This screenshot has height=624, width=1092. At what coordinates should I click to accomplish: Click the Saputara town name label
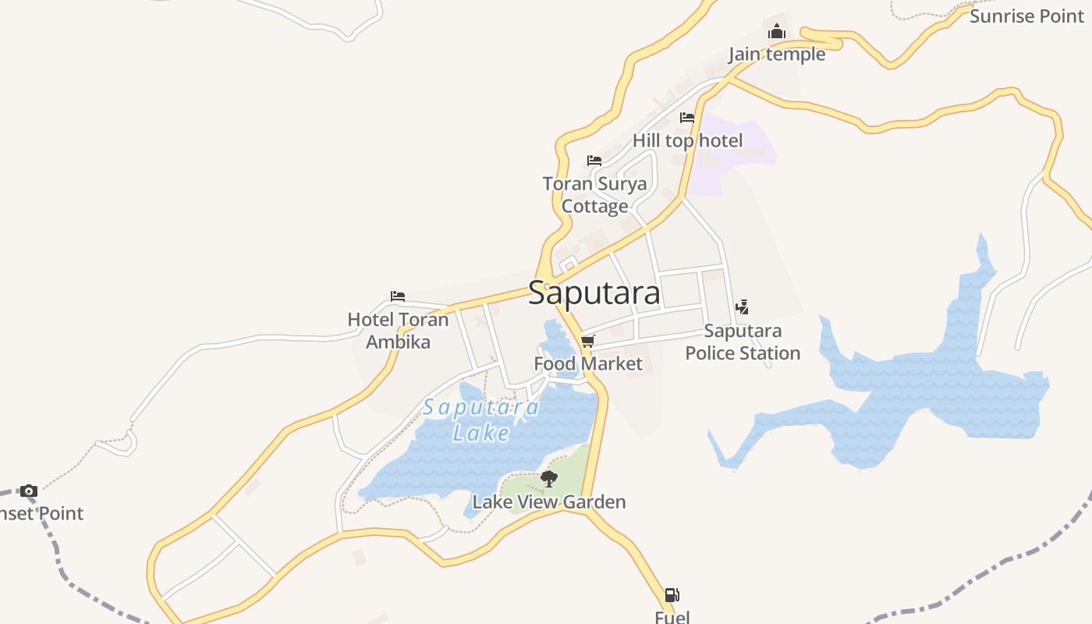pyautogui.click(x=594, y=293)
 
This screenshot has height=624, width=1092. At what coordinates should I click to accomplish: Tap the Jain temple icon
pyautogui.click(x=776, y=32)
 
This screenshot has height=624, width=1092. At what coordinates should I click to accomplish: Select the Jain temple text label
pyautogui.click(x=776, y=54)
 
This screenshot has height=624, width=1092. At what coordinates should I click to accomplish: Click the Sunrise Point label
pyautogui.click(x=1026, y=16)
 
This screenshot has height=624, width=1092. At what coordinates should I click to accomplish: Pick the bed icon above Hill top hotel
pyautogui.click(x=687, y=118)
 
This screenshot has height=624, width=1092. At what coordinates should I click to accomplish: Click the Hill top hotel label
pyautogui.click(x=687, y=140)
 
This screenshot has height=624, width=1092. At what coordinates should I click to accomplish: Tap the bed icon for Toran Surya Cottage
pyautogui.click(x=594, y=161)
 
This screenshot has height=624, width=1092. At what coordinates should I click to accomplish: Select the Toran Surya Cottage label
pyautogui.click(x=595, y=195)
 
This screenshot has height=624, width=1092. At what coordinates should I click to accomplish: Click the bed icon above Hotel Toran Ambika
pyautogui.click(x=398, y=296)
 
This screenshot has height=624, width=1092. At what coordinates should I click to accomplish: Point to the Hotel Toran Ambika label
pyautogui.click(x=398, y=330)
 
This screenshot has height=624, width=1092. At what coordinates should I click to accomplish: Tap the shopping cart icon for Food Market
pyautogui.click(x=588, y=341)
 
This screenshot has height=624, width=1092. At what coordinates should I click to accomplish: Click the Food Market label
pyautogui.click(x=588, y=363)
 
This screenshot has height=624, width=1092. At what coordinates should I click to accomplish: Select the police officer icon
pyautogui.click(x=742, y=307)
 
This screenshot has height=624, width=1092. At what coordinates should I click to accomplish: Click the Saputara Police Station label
pyautogui.click(x=743, y=342)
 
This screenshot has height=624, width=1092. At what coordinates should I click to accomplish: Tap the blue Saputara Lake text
pyautogui.click(x=481, y=420)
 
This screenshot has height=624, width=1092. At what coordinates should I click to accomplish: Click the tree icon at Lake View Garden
pyautogui.click(x=549, y=478)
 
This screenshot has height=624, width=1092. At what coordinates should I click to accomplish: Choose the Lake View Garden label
pyautogui.click(x=549, y=502)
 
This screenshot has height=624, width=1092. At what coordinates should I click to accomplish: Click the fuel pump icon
pyautogui.click(x=672, y=595)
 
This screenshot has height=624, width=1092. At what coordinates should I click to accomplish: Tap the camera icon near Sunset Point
pyautogui.click(x=29, y=491)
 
